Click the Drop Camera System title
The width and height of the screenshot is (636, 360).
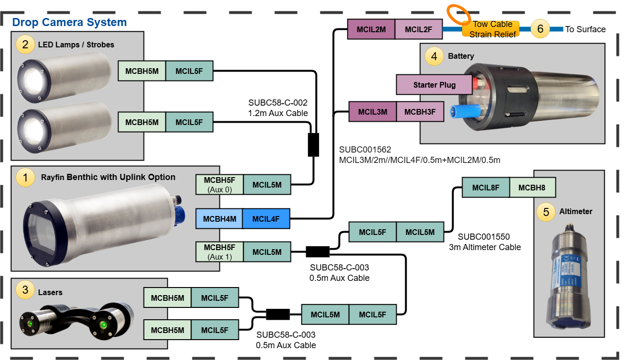coord(69,22)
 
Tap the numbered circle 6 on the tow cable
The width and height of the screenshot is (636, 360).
coord(540,29)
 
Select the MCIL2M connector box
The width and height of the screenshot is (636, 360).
coord(371,29)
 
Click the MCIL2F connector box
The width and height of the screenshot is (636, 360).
coord(418,29)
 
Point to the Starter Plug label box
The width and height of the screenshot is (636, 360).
coord(434,85)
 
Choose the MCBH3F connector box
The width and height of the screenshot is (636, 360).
coord(420,112)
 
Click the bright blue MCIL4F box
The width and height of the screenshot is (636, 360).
coord(265,219)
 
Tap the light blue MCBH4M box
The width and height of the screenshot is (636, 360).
coord(219,219)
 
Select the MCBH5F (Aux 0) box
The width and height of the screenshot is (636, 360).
coord(219,185)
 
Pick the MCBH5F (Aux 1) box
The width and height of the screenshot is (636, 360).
coord(219,252)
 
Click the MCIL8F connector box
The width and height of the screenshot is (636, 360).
coord(486,188)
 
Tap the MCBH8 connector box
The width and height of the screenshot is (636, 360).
coord(532,188)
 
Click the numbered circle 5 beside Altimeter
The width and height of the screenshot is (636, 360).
coord(546,212)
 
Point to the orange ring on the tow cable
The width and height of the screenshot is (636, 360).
coord(458,15)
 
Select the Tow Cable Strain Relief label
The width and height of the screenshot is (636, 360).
coord(491,29)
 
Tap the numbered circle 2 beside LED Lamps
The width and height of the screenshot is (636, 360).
coord(25,45)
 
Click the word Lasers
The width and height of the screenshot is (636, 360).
coord(50,292)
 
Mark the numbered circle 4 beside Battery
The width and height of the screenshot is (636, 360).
coord(434,56)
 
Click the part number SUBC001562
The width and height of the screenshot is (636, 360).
coord(365,150)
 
